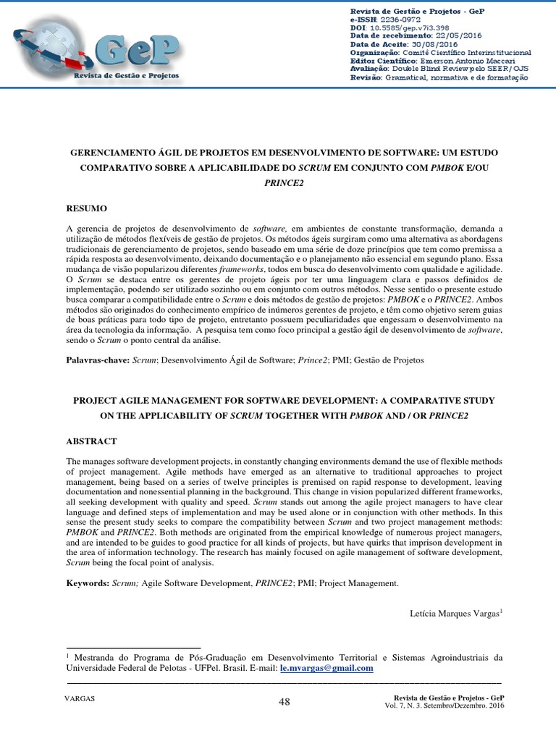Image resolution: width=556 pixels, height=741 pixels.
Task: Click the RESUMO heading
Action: point(87,208)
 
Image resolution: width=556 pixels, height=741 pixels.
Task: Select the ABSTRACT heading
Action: point(91,441)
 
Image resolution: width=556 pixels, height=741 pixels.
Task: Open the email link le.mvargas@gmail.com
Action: point(327,669)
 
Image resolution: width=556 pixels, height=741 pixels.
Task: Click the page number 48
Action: point(284,702)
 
